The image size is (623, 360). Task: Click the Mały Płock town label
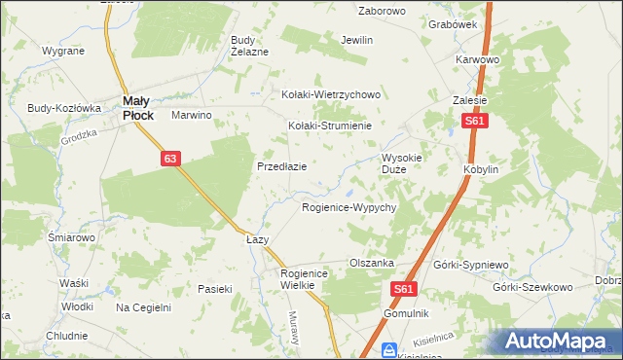137,106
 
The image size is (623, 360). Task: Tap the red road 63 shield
170,158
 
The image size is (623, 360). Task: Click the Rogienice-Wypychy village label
348,208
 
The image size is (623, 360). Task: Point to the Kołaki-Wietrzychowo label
330,95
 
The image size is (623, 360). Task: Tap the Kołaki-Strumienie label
330,126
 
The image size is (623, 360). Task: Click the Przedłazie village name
282,166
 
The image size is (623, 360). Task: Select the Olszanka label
371,264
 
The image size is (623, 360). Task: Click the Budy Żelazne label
248,46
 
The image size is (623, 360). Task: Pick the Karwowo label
477,59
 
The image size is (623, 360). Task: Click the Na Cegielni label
143,307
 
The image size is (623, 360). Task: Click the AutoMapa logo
560,341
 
